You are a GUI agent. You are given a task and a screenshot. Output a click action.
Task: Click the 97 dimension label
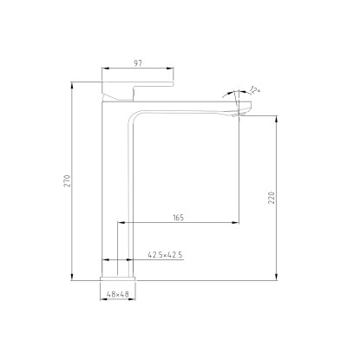coord(138,63)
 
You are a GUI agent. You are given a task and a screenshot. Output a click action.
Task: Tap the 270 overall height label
coord(67,181)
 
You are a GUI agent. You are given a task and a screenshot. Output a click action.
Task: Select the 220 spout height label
coord(272,198)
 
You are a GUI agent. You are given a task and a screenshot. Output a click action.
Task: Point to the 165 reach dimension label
coord(179,217)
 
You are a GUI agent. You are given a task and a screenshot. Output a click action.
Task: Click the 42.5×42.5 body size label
coord(165,255)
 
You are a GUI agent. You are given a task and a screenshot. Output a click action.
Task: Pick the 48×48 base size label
coord(118,294)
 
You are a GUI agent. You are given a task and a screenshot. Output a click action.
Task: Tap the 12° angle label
coord(254,90)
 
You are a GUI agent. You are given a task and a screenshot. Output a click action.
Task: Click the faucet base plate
coord(118,278)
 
